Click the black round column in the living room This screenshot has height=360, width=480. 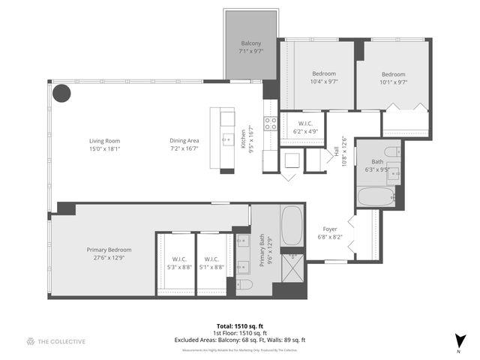(x=61, y=94)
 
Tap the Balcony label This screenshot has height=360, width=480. (x=251, y=47)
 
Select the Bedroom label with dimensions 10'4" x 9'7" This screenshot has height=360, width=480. (x=324, y=78)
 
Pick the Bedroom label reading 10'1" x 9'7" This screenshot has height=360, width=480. (x=393, y=78)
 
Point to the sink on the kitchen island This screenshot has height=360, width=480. (x=226, y=139)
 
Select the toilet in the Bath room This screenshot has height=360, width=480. (x=397, y=152)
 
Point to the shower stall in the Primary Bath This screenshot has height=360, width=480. (x=292, y=268)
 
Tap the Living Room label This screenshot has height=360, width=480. (x=105, y=145)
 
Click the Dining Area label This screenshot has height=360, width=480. (x=184, y=145)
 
